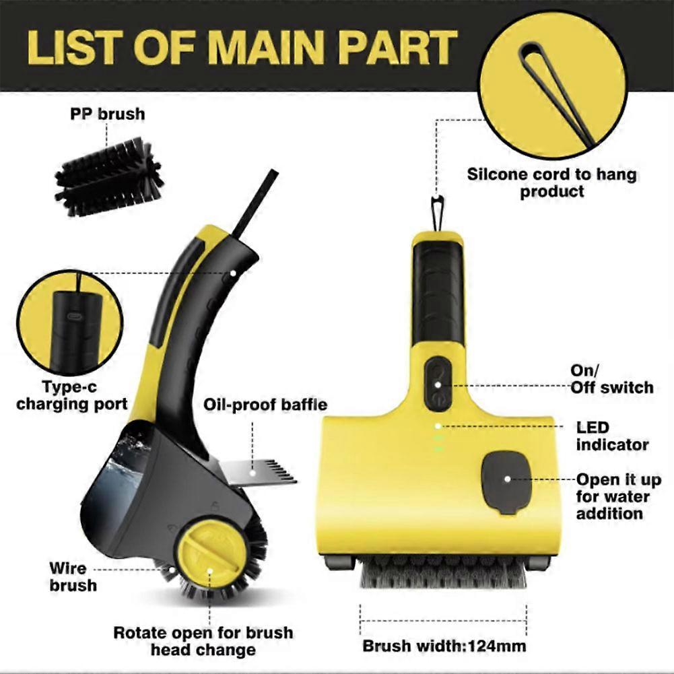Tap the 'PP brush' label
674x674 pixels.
coord(108,114)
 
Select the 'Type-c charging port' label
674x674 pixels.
coord(71,395)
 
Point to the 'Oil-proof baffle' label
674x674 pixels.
coord(265,404)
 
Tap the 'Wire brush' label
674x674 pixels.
coord(73,576)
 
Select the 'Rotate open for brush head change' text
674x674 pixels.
coord(203,641)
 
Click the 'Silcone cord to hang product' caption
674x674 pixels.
coord(552,182)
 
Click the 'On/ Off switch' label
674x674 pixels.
coord(611,379)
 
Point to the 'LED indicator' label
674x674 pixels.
coord(611,436)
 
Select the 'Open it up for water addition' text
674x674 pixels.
coord(618,496)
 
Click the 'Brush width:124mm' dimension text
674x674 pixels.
coord(444,646)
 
